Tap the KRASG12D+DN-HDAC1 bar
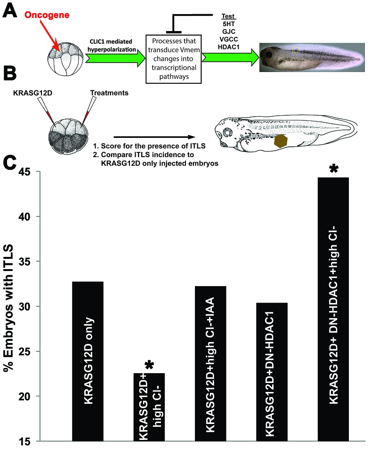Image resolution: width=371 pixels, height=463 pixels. pos(272,372)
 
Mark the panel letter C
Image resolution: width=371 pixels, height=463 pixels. pos(10,162)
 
